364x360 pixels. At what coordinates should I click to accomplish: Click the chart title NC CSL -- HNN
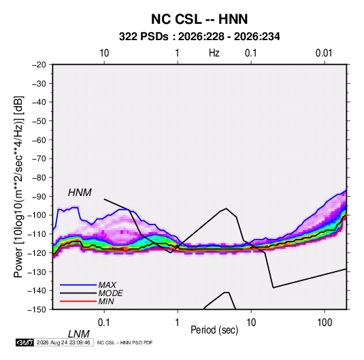[199, 19]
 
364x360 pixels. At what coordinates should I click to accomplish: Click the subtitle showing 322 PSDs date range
[199, 37]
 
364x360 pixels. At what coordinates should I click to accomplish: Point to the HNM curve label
[80, 193]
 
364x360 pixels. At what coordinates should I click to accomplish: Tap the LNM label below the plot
[79, 334]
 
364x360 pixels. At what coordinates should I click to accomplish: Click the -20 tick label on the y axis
[39, 65]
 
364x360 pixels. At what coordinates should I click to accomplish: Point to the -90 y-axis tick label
[39, 197]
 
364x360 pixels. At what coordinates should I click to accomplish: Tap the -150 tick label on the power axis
[37, 310]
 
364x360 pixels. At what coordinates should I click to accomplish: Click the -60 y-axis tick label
[39, 140]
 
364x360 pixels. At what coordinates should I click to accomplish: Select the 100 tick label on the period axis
[325, 323]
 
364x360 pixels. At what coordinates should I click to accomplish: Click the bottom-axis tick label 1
[178, 323]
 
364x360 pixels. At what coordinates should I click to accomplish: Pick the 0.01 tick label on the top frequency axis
[324, 53]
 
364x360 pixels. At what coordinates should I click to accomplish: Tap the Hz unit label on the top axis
[214, 53]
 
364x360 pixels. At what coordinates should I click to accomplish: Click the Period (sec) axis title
[214, 330]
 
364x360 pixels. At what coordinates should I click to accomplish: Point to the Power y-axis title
[18, 186]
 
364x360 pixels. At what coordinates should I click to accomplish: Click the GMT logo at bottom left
[24, 342]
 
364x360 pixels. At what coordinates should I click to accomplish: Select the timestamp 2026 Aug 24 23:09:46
[63, 342]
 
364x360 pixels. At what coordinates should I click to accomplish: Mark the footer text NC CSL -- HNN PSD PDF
[125, 342]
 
